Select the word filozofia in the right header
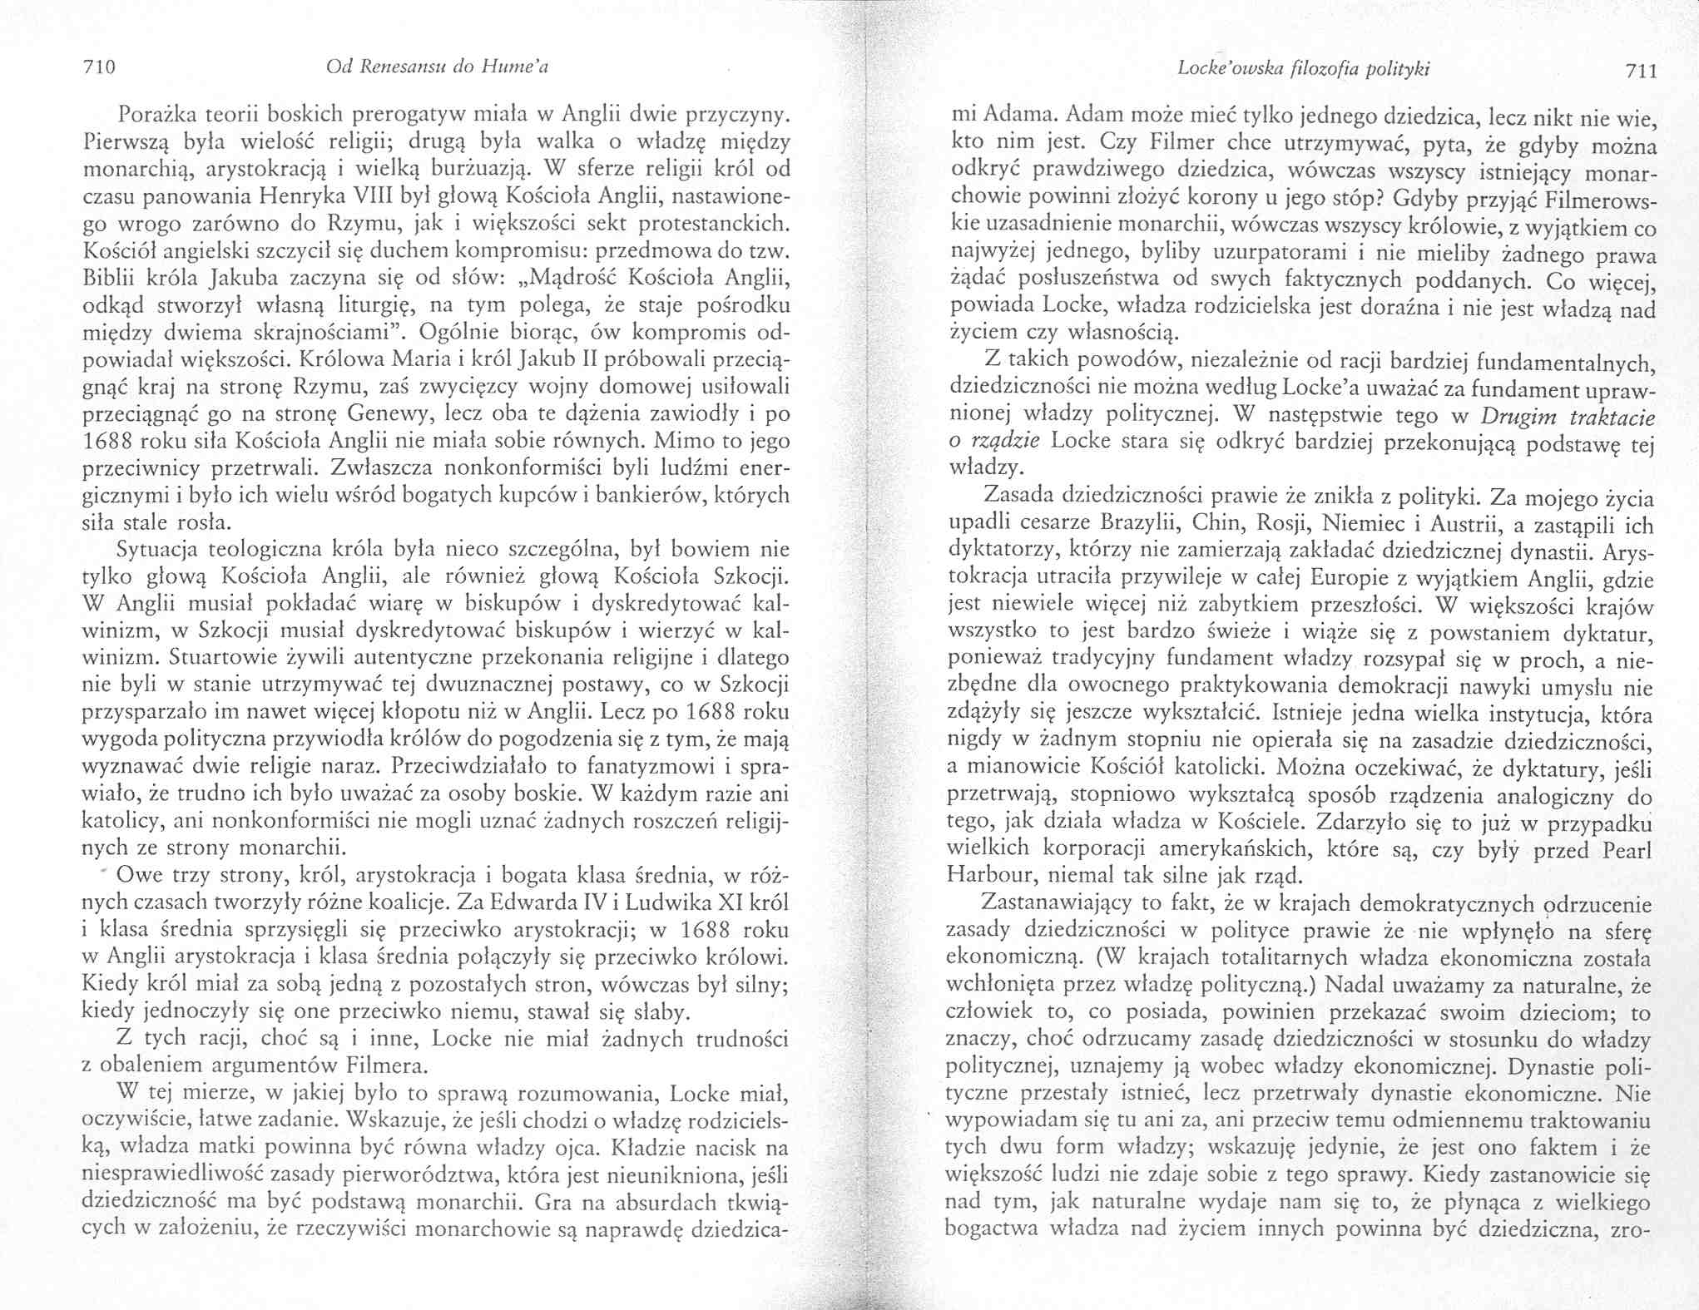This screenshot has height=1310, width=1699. click(x=1325, y=69)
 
